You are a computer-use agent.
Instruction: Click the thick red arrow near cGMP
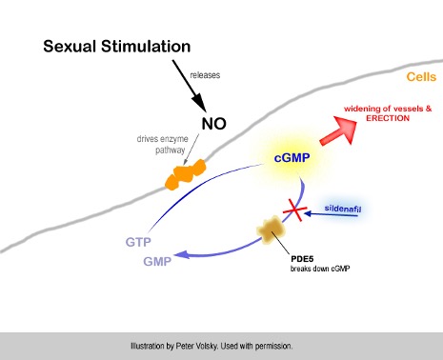(x=330, y=131)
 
